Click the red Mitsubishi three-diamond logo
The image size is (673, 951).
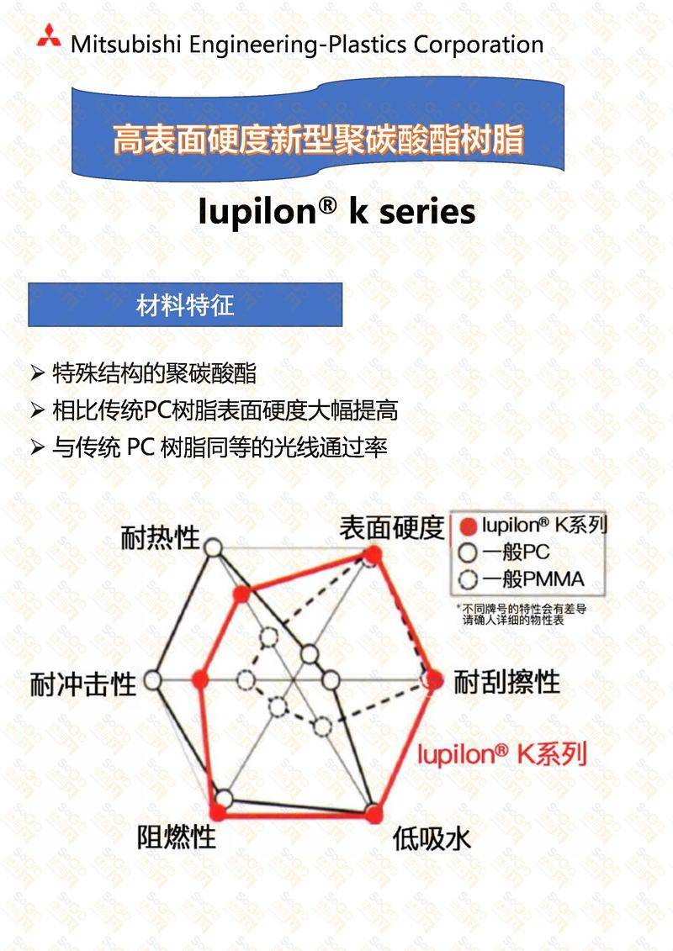(49, 36)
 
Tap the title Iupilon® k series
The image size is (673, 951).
(336, 211)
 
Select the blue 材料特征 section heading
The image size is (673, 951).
(185, 304)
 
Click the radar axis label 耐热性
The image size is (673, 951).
(160, 537)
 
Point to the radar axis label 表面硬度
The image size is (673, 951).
(392, 527)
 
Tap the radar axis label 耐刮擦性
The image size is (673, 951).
(506, 682)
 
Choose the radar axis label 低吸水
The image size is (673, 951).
(432, 839)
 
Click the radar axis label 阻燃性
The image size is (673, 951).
(176, 837)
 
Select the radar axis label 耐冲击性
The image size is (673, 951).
(83, 684)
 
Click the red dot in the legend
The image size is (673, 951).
(468, 526)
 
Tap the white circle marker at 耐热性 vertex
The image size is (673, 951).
(213, 548)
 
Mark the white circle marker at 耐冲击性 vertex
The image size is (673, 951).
(153, 680)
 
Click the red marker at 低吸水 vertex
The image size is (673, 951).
(374, 813)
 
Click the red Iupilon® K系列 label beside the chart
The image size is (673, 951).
(502, 754)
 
